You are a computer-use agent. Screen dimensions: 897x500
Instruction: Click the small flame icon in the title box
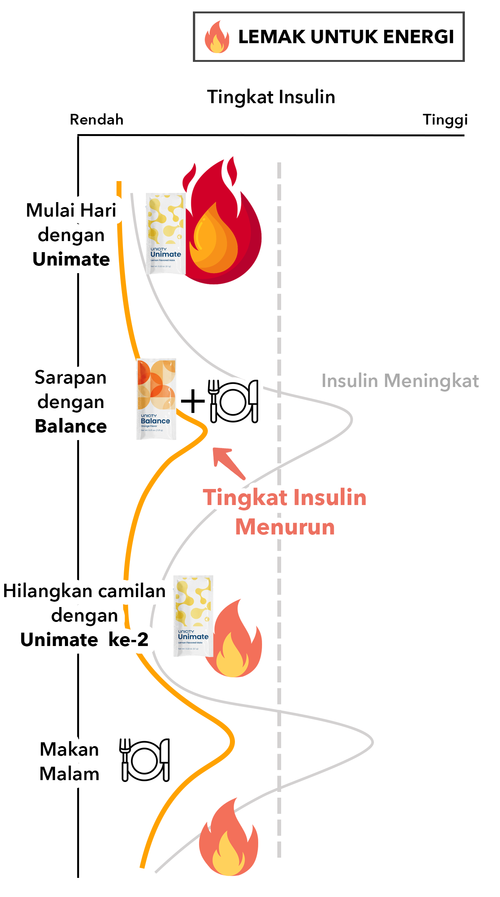tap(217, 37)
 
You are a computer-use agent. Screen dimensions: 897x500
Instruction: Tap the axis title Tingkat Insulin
tap(271, 97)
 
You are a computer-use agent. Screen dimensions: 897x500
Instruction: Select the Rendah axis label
tap(97, 120)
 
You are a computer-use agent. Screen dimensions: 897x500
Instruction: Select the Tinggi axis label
tap(445, 120)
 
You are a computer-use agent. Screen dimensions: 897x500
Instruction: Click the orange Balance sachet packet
tap(156, 399)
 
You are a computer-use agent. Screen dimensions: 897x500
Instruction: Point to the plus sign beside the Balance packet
tap(193, 401)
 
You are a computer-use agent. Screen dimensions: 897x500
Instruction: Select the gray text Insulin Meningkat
tap(400, 381)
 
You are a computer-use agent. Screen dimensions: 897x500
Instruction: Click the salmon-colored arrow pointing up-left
tap(228, 463)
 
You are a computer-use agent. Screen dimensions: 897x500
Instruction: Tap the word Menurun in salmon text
tap(285, 527)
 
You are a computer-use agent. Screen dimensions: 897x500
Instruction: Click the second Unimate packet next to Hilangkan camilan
tap(193, 616)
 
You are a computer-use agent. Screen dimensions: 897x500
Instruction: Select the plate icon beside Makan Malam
tap(145, 760)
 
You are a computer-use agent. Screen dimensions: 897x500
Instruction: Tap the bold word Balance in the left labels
tap(71, 426)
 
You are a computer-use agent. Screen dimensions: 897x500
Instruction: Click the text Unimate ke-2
tap(84, 640)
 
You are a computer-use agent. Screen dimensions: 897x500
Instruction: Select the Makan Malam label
tap(70, 761)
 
